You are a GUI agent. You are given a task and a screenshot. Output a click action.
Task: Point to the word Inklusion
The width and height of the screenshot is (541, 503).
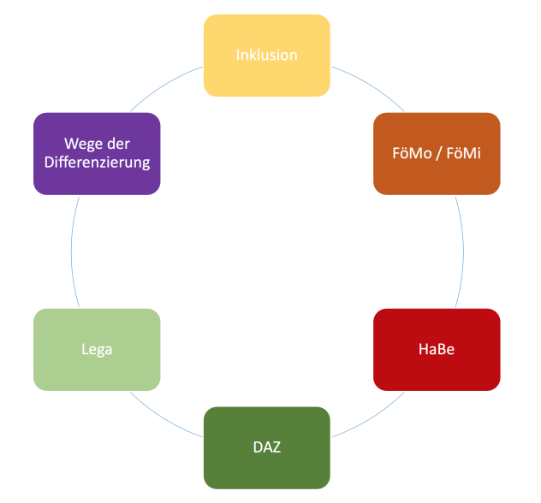(266, 55)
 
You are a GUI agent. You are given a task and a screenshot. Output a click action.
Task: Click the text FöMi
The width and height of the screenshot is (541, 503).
(464, 153)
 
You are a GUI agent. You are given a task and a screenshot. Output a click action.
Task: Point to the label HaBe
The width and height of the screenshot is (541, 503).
(437, 349)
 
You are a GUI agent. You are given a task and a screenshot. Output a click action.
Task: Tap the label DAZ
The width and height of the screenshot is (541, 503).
(266, 447)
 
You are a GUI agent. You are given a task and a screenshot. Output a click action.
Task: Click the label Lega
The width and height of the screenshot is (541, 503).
(97, 349)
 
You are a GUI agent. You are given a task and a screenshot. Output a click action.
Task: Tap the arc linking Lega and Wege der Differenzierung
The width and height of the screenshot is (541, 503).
(71, 252)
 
